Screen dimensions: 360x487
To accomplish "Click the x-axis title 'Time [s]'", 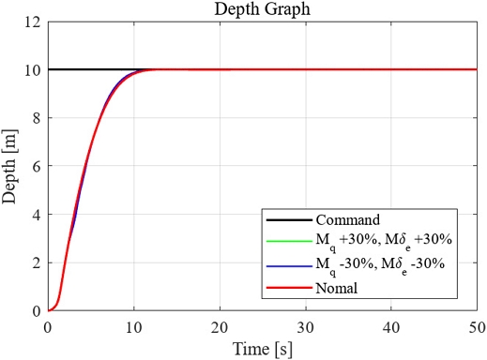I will (262, 349).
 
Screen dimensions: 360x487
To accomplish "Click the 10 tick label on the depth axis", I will (34, 69).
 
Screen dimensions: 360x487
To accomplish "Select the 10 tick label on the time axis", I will (133, 327).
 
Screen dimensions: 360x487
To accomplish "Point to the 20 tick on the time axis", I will (220, 327).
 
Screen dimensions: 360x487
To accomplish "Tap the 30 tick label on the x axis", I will (306, 327).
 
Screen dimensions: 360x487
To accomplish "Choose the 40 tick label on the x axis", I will (391, 327).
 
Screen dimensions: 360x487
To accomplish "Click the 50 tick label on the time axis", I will (477, 327).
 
